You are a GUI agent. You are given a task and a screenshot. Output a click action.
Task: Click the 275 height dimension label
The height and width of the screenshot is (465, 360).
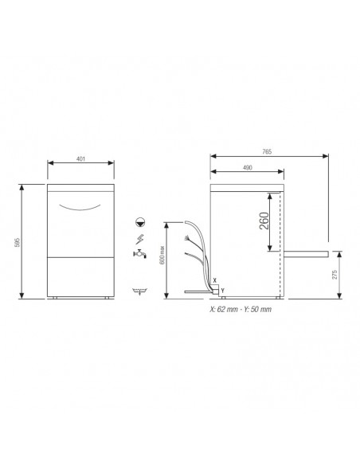pos(346,275)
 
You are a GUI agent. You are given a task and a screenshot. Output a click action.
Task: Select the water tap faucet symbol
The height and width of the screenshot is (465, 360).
pos(140,254)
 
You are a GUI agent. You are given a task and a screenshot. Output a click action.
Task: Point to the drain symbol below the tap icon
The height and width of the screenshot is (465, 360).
pos(141,292)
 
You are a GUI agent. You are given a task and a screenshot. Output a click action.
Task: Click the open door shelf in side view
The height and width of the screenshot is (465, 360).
pos(306,252)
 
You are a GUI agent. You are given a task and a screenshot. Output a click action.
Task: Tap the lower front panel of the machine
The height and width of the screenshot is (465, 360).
pos(82,276)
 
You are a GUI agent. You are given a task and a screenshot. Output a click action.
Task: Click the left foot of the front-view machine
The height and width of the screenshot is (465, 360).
pos(58,299)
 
